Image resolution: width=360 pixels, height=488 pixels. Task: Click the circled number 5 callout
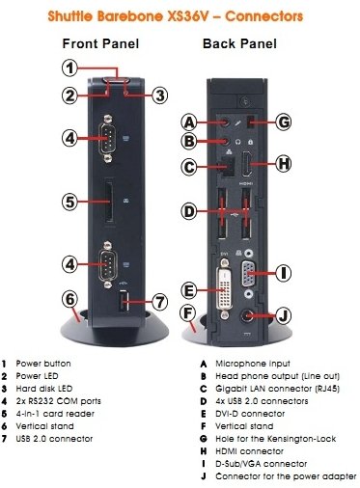pyautogui.click(x=69, y=202)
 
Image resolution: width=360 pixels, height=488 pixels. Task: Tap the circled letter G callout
pyautogui.click(x=284, y=122)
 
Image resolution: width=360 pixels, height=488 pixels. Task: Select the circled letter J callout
pyautogui.click(x=283, y=314)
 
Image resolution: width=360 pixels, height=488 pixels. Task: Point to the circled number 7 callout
pyautogui.click(x=160, y=302)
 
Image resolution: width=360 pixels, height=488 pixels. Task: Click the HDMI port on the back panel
pyautogui.click(x=247, y=164)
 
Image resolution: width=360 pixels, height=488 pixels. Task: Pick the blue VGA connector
pyautogui.click(x=247, y=273)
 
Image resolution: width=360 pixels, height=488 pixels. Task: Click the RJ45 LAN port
pyautogui.click(x=227, y=166)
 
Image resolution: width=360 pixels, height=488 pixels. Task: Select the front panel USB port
pyautogui.click(x=124, y=301)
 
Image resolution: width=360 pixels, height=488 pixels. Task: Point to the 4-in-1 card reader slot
pyautogui.click(x=108, y=202)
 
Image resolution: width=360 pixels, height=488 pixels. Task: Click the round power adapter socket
pyautogui.click(x=247, y=315)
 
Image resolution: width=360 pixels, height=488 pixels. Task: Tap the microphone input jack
pyautogui.click(x=227, y=122)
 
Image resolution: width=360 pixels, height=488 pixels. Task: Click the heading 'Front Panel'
pyautogui.click(x=100, y=43)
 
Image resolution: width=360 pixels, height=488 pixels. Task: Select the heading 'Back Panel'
pyautogui.click(x=239, y=43)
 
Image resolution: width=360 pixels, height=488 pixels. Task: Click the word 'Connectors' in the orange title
pyautogui.click(x=263, y=16)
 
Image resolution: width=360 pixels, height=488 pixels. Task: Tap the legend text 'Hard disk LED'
pyautogui.click(x=44, y=389)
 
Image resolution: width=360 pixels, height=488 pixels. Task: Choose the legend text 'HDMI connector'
pyautogui.click(x=249, y=451)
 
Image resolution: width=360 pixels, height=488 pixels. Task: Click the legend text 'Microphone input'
pyautogui.click(x=253, y=364)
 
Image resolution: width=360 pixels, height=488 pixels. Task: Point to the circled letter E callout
pyautogui.click(x=189, y=290)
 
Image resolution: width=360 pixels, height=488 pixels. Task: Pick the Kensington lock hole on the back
pyautogui.click(x=251, y=122)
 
